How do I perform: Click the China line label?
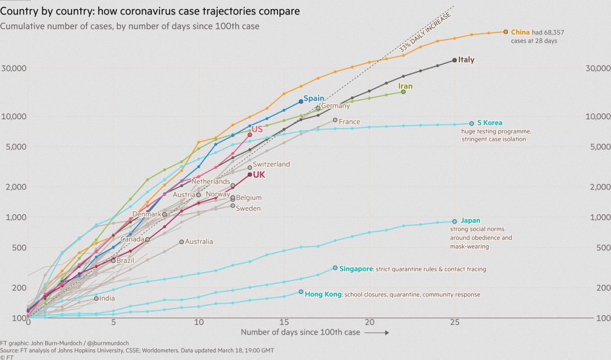click(520, 32)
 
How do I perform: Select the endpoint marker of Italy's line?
click(454, 60)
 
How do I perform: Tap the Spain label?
click(314, 98)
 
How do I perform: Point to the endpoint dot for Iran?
click(403, 91)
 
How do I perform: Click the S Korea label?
click(489, 123)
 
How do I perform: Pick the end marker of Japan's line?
click(454, 222)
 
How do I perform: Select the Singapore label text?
click(356, 269)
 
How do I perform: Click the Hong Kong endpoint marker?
click(301, 292)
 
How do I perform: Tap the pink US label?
click(257, 129)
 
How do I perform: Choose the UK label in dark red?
click(259, 174)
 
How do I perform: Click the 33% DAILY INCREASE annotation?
click(425, 32)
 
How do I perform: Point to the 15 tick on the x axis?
click(284, 322)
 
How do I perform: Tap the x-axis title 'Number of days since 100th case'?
click(300, 332)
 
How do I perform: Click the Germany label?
click(335, 106)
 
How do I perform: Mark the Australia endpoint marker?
click(181, 241)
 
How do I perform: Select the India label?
click(107, 298)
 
